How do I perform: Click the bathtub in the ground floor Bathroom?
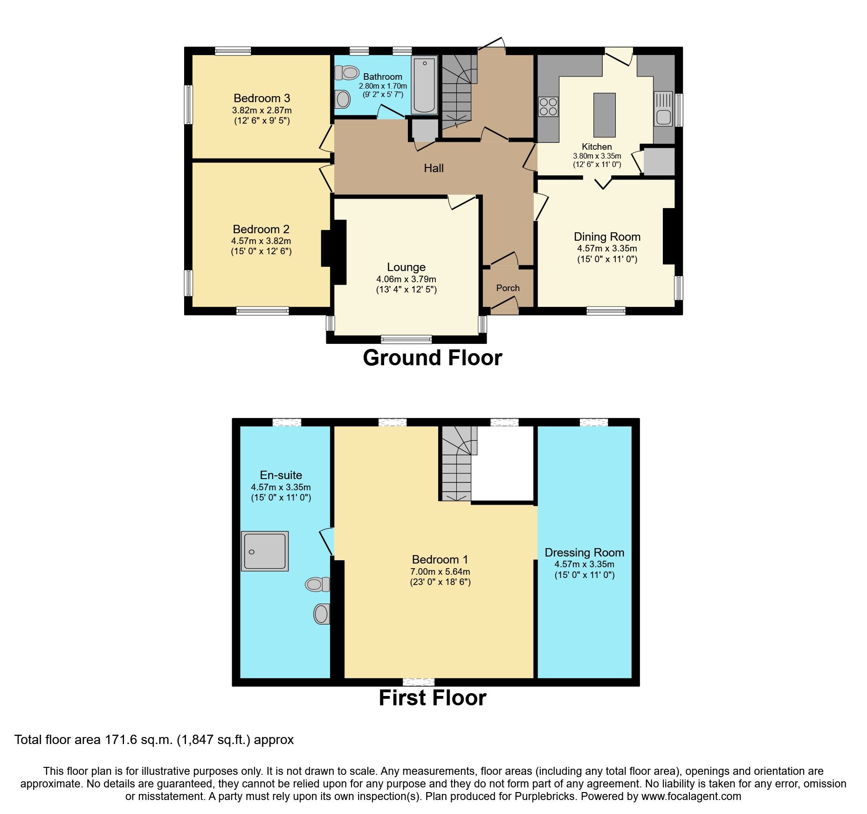click(424, 85)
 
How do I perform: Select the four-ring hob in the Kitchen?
click(548, 106)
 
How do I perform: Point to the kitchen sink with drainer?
click(663, 109)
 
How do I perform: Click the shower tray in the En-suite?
click(264, 551)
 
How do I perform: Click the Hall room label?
click(433, 168)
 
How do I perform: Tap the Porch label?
click(508, 288)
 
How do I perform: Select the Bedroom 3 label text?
click(261, 98)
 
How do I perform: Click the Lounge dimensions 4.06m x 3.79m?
click(406, 279)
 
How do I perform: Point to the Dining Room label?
click(607, 237)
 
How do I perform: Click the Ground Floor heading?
click(432, 358)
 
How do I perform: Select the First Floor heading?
click(432, 698)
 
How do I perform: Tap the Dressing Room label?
click(584, 553)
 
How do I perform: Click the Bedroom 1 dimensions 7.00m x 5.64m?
click(440, 572)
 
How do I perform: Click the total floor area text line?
click(154, 740)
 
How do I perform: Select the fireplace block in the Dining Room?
click(669, 237)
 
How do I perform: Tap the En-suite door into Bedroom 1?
click(326, 541)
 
